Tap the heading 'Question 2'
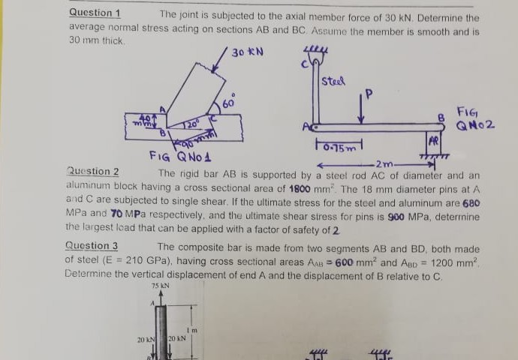coord(93,172)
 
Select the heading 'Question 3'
coord(92,245)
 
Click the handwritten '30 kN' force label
coord(248,52)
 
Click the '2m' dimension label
coord(383,164)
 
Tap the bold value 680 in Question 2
coord(471,203)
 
